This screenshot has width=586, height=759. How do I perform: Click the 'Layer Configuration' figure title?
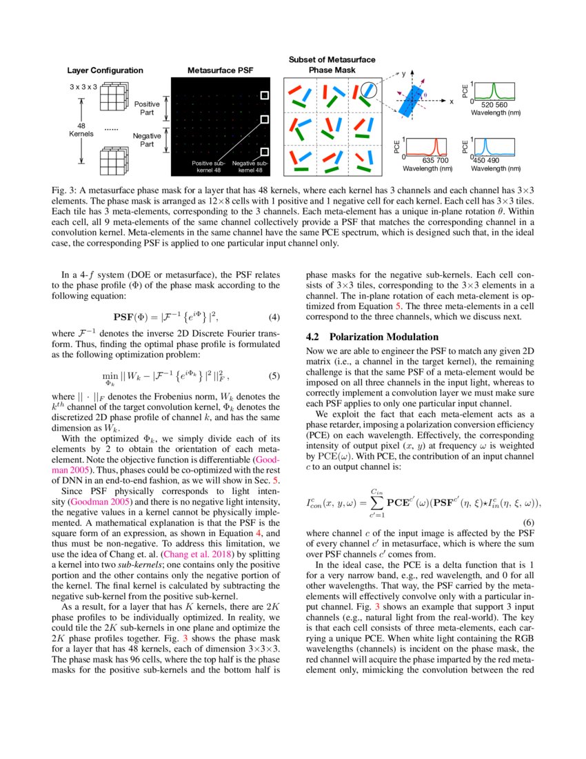click(105, 70)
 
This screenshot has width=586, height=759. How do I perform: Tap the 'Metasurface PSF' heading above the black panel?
click(216, 70)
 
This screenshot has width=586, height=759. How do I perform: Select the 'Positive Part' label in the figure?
click(147, 108)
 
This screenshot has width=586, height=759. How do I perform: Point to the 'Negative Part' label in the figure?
click(147, 140)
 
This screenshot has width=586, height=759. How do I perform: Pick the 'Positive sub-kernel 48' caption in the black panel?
click(209, 166)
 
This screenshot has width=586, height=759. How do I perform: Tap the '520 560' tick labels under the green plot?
click(500, 105)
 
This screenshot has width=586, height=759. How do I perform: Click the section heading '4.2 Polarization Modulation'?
click(372, 337)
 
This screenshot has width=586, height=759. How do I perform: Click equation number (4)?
click(274, 317)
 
